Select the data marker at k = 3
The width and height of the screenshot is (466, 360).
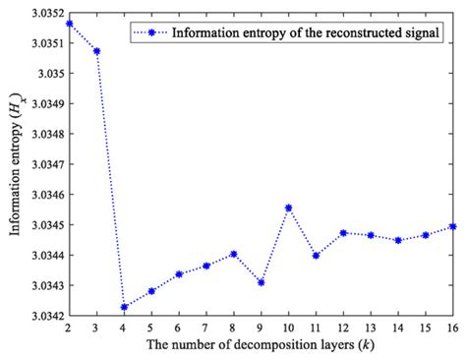(97, 50)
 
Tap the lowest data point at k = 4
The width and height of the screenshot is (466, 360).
(125, 307)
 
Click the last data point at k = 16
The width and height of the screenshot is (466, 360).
(451, 226)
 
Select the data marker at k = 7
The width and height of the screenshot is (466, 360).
(206, 266)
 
